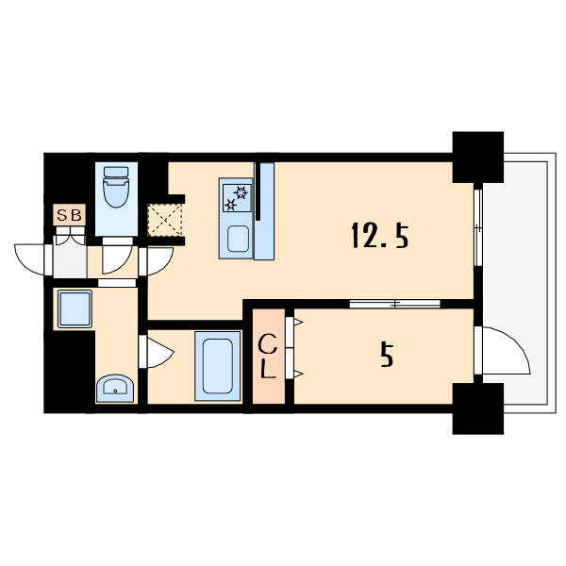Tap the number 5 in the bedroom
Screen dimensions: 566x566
387,355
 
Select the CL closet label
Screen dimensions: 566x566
268,356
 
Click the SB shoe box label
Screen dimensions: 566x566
69,215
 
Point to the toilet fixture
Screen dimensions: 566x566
116,186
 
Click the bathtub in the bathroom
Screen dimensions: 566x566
217,366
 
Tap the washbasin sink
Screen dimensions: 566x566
115,388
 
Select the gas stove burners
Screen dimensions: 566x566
237,198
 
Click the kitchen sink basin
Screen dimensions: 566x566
238,239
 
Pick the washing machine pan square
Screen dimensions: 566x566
75,308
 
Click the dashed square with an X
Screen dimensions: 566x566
164,220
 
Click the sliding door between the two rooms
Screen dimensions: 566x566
395,304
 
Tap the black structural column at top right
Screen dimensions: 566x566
478,157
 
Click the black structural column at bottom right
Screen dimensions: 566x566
478,408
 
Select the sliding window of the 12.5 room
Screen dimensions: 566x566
478,227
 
